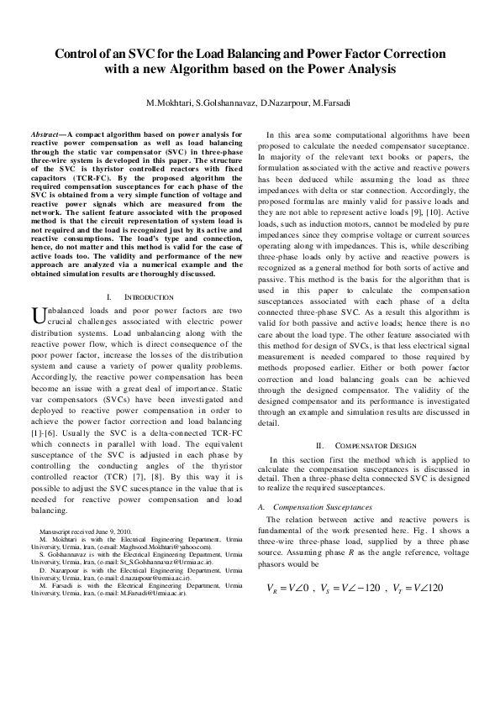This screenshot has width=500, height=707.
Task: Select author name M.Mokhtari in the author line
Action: [171, 102]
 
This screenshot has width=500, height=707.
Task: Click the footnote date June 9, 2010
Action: [113, 532]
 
